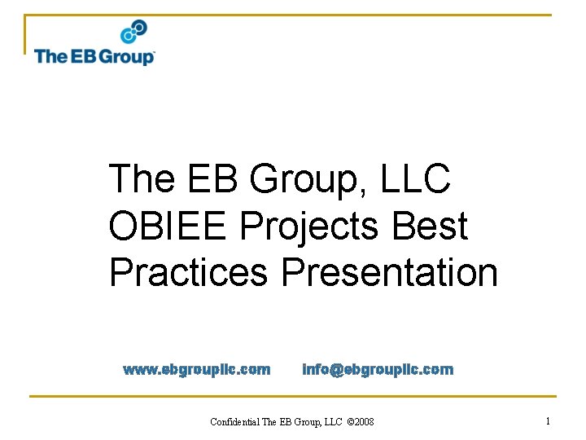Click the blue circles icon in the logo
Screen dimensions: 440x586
coord(133,33)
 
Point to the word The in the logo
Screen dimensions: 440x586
coord(50,56)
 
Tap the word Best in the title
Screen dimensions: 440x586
coord(431,226)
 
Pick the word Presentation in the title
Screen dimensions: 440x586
coord(389,272)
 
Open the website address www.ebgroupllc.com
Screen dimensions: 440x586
coord(196,370)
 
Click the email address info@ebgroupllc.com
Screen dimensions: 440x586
coord(378,370)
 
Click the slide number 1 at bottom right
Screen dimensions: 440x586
coord(548,421)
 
